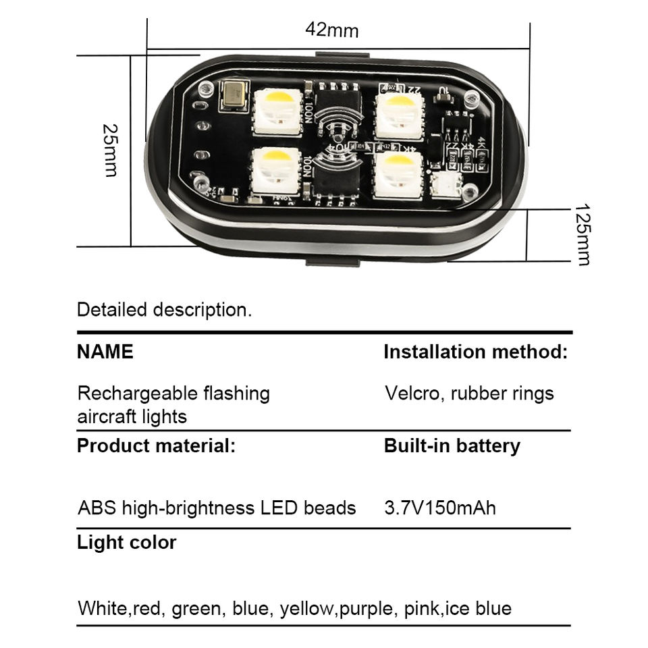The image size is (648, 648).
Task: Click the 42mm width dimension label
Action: [331, 30]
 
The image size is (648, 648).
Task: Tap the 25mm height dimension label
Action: [111, 150]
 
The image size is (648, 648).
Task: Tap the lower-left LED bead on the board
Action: [275, 169]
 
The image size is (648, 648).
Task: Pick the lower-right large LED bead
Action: [399, 173]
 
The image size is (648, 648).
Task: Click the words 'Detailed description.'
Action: [164, 310]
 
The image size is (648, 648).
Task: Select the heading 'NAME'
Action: [105, 352]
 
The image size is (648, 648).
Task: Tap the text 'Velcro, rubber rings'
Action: [469, 393]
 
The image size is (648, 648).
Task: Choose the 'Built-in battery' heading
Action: [452, 446]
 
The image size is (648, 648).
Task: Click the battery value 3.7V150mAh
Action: [440, 508]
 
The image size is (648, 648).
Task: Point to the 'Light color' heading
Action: [127, 543]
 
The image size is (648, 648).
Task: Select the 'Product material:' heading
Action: [157, 446]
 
